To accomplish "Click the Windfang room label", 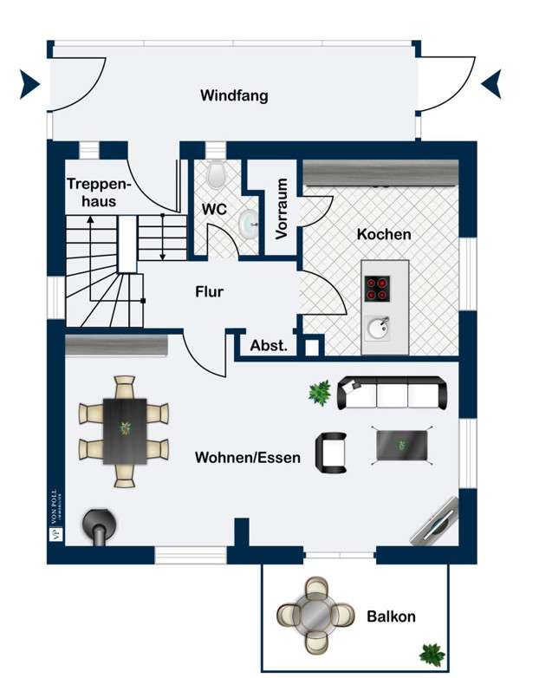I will click(x=234, y=95).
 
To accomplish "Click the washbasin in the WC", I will click(x=249, y=224).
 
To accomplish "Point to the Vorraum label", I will click(x=282, y=209).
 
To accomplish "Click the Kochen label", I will click(x=384, y=234).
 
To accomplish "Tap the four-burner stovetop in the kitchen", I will click(x=378, y=288).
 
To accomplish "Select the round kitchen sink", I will click(x=378, y=329).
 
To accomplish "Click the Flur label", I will click(x=209, y=292).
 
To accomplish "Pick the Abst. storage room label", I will click(x=269, y=345).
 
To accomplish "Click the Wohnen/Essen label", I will click(x=248, y=457).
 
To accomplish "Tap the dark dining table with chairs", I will click(x=125, y=430).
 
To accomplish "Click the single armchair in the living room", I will click(x=332, y=452).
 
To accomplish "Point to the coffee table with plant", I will click(x=402, y=445).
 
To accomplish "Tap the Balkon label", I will click(x=391, y=617).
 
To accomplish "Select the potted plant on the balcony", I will click(x=430, y=653).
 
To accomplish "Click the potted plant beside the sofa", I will click(x=319, y=393).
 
